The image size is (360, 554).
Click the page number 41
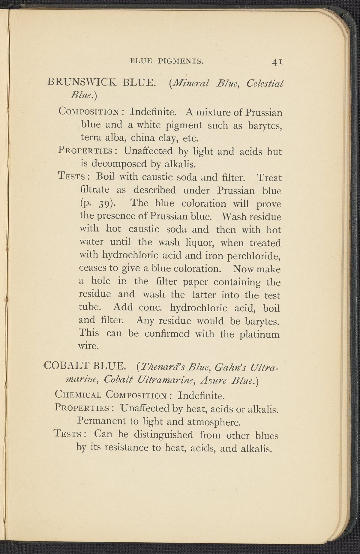277,62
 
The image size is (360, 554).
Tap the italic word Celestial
265,83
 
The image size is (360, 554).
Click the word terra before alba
91,138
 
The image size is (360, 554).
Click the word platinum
259,334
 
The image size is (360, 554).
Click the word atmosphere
214,422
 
